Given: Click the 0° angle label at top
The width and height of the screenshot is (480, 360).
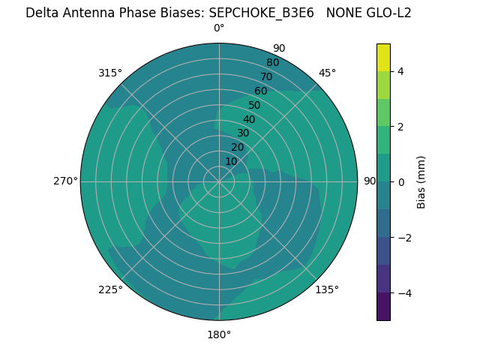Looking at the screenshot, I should tap(219, 28).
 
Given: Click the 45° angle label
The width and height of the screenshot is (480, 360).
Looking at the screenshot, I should tap(327, 73).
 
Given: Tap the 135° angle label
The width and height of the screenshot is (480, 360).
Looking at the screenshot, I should tap(327, 289).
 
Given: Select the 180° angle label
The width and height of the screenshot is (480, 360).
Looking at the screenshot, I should tap(219, 334).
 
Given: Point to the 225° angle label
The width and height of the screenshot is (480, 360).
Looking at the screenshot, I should tap(110, 289).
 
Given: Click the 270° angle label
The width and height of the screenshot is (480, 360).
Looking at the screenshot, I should tap(65, 181).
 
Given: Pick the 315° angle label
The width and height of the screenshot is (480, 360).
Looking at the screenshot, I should tap(110, 73).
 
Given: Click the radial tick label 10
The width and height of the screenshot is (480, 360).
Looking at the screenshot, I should tap(231, 161).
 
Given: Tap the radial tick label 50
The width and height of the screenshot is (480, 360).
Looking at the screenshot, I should tap(254, 105).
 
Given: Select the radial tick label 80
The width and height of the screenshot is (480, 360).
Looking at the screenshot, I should tap(272, 62).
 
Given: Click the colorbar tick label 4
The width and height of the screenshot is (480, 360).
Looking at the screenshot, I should tap(400, 71).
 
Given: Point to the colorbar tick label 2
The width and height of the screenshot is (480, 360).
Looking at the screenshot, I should tap(400, 127).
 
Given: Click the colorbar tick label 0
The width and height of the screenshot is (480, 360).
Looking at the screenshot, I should tap(400, 182).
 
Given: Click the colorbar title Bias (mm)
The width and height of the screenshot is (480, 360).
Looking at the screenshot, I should tap(421, 182).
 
